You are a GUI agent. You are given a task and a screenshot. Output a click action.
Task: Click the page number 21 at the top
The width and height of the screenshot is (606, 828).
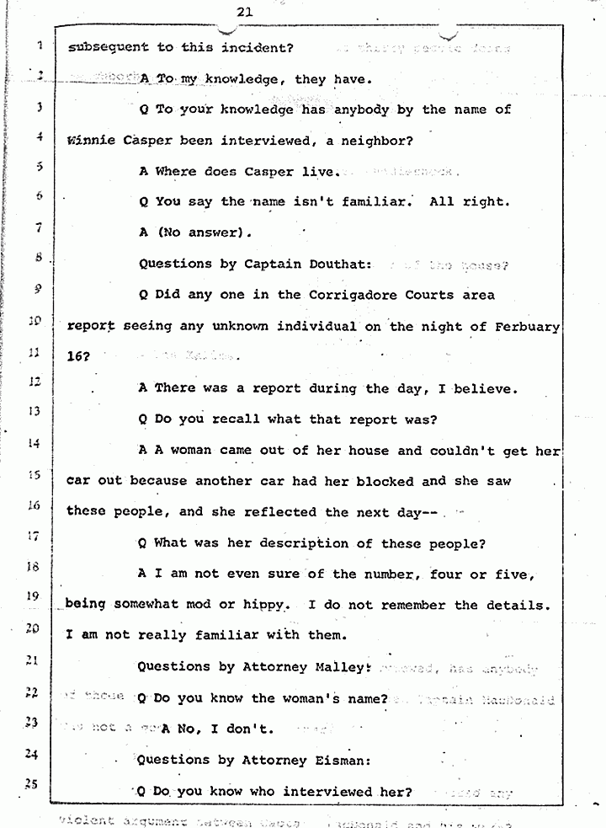tap(245, 11)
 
